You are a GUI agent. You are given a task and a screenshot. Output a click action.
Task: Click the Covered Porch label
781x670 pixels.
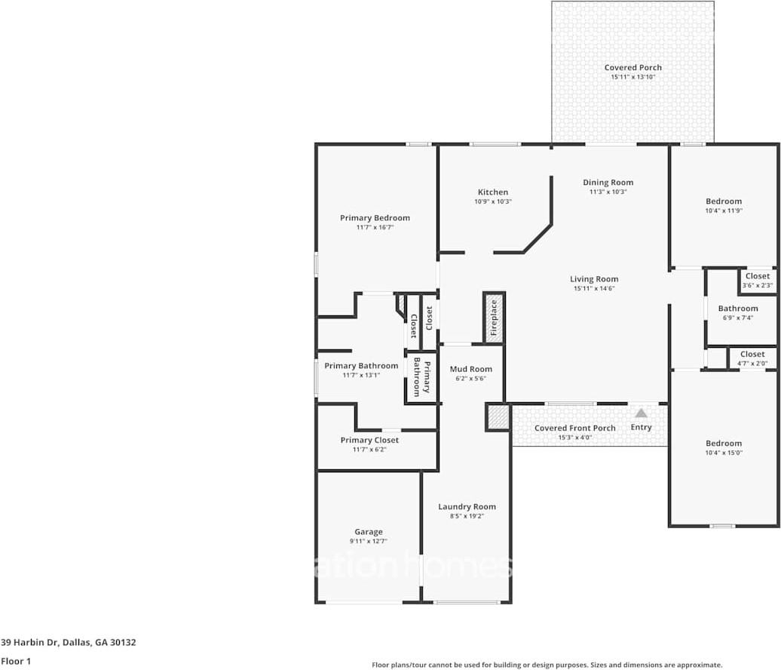coord(632,68)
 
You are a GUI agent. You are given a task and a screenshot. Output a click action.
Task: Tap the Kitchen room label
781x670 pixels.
coord(493,192)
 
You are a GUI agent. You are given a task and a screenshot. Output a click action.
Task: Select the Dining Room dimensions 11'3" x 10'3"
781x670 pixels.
coord(608,192)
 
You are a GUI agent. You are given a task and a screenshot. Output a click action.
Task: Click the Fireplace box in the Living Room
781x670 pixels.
coord(494,318)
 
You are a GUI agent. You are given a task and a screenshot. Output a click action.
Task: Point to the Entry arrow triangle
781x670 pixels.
coord(641,413)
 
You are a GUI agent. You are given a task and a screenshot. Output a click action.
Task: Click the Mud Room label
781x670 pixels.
coord(471,369)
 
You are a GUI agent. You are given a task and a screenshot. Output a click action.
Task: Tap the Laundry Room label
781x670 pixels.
coord(467,506)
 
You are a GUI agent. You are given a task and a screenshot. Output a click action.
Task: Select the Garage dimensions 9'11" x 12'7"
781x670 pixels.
coord(369,541)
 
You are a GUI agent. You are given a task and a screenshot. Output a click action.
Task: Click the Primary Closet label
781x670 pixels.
coord(369,440)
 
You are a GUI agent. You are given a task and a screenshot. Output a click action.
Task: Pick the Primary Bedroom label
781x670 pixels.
coord(375,218)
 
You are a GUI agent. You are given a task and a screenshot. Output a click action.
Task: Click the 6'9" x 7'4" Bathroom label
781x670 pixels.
coord(737,308)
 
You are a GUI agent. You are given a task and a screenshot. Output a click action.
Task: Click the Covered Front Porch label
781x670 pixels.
coord(574,428)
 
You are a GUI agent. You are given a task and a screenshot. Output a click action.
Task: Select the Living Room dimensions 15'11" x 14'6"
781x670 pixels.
coord(594,288)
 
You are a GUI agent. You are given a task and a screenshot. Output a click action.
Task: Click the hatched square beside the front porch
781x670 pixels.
coord(498,416)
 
